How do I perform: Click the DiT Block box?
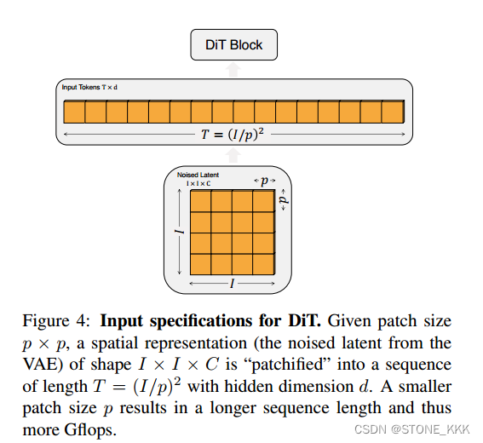(x=233, y=45)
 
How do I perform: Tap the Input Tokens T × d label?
(x=89, y=87)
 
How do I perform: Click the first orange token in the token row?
(x=74, y=112)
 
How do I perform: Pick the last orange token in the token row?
(x=392, y=112)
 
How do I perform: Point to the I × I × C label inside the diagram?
(x=198, y=183)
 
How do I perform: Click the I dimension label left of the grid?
(x=180, y=232)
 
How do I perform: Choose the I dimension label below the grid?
(x=232, y=281)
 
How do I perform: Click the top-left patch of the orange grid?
(x=200, y=200)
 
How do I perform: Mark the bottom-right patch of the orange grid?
(x=262, y=263)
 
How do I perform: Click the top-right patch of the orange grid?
(x=262, y=200)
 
